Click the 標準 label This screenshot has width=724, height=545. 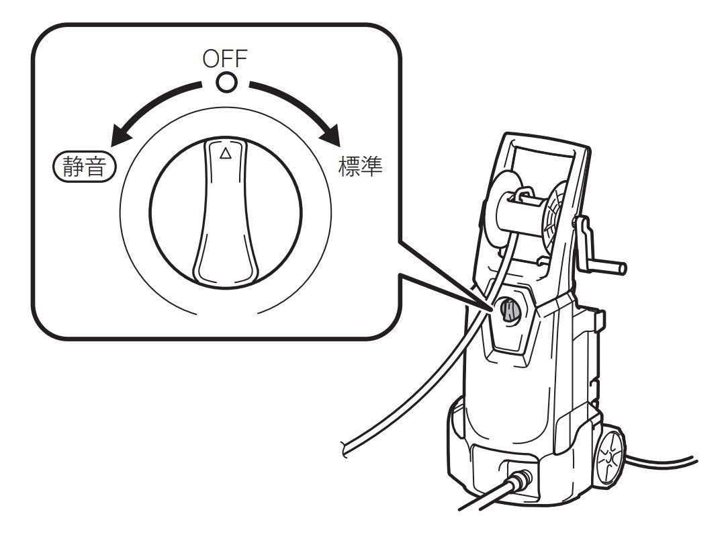point(360,167)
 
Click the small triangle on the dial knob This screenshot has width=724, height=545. point(226,153)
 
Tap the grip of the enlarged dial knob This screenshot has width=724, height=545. point(226,222)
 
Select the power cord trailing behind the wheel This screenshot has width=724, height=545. point(665,464)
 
